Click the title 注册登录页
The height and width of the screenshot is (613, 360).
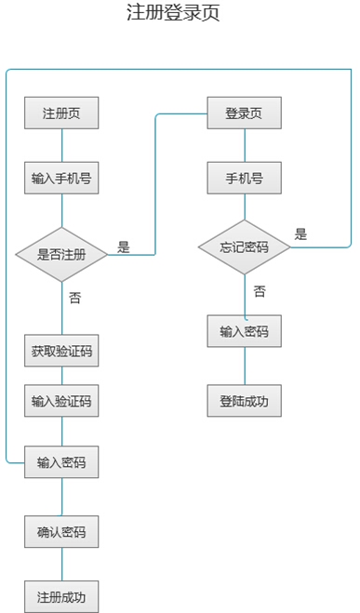[173, 12]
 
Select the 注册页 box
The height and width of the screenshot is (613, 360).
[61, 113]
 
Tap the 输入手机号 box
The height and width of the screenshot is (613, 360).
[61, 178]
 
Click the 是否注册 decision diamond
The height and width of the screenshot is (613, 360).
[61, 255]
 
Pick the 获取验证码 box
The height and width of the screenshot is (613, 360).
[61, 351]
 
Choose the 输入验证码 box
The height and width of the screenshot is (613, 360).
[61, 401]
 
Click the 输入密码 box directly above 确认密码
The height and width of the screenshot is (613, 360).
[61, 462]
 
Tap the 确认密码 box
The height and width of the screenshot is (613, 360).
[61, 532]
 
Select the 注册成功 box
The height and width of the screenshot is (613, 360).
[61, 596]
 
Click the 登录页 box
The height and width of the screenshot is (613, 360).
[245, 113]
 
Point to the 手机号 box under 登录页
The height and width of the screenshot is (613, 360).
[245, 178]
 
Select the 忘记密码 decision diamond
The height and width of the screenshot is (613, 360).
[245, 247]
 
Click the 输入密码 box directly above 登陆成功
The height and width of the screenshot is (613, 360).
[245, 331]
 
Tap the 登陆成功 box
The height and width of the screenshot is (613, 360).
[245, 401]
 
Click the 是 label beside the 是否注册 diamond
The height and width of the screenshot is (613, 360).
[124, 247]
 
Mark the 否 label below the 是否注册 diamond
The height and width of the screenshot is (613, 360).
[75, 298]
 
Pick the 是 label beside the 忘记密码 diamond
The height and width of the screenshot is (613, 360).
[301, 233]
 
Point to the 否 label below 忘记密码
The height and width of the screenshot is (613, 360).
[260, 291]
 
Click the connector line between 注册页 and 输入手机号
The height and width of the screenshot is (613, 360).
[61, 145]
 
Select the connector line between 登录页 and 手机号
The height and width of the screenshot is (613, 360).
[245, 145]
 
